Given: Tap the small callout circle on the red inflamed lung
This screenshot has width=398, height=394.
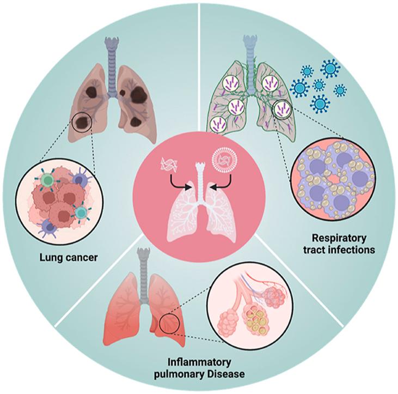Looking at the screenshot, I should coord(164,325).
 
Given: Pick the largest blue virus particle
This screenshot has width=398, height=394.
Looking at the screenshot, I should coord(329,70).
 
